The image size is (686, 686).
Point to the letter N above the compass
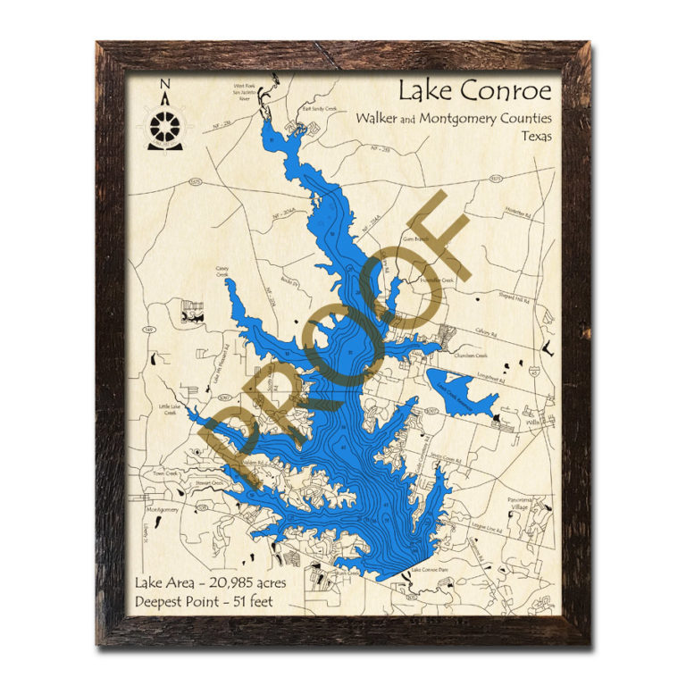(x=164, y=86)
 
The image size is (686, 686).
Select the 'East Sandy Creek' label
(x=320, y=109)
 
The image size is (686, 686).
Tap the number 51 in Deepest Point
(x=241, y=600)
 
